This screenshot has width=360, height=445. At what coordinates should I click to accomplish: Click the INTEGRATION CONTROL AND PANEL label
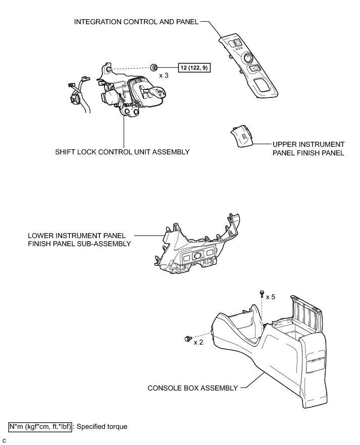tap(136, 22)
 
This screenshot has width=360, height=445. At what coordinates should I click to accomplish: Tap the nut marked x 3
tap(154, 67)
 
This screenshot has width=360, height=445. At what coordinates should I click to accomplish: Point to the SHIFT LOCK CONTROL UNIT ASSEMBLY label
tap(123, 152)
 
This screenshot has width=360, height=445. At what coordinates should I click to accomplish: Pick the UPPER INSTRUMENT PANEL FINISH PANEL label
tap(308, 148)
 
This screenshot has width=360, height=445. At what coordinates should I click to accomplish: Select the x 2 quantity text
tap(198, 342)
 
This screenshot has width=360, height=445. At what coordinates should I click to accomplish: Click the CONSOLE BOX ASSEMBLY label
tap(192, 388)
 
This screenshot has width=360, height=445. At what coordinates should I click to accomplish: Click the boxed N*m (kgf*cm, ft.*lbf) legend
tap(41, 426)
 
